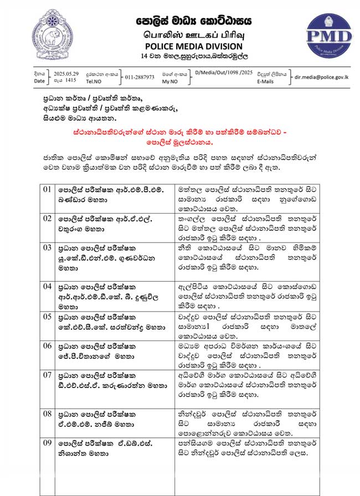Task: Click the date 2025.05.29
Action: tap(66, 73)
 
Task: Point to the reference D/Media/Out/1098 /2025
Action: tap(224, 73)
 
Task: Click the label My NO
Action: tap(170, 81)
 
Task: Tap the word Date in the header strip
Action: tap(39, 81)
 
